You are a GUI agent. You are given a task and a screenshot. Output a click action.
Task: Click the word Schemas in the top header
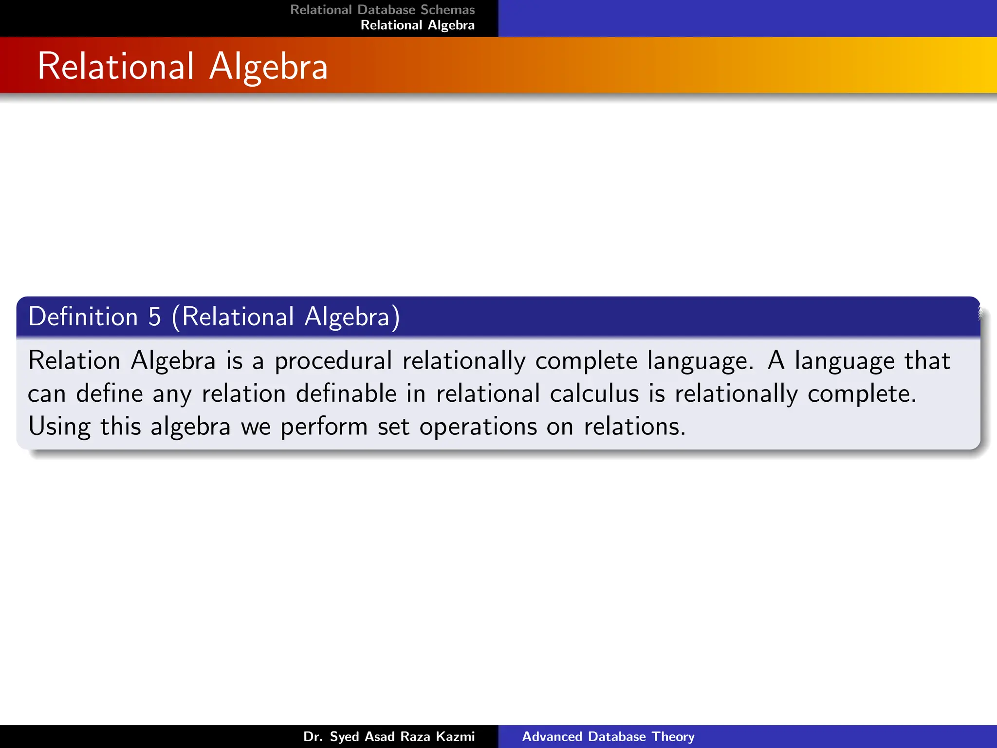pos(447,10)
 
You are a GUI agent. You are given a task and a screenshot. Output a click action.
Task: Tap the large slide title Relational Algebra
pos(183,66)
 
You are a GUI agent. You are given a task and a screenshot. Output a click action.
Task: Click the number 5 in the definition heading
pos(154,317)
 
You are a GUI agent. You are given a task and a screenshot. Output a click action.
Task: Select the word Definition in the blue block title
pos(83,317)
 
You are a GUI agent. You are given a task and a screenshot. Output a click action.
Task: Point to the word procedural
pos(333,361)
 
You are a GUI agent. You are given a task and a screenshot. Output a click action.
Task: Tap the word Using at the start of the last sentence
pos(59,427)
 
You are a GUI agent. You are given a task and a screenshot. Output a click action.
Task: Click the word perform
pos(324,427)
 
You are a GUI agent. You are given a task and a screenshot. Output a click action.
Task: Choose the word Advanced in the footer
pos(553,736)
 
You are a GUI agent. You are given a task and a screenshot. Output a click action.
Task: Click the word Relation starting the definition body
pos(74,361)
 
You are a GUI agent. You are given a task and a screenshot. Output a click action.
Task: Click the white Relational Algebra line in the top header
pos(417,25)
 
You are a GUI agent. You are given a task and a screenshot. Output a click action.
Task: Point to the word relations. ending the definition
pos(634,427)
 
